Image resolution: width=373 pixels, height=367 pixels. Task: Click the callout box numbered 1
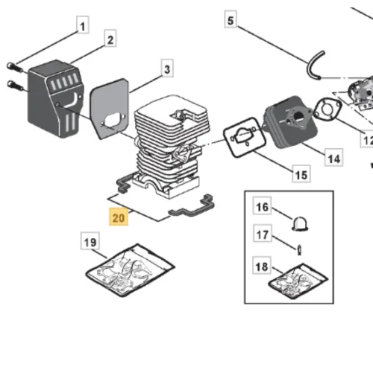tap(83, 25)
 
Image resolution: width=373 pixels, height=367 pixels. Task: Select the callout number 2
tap(110, 38)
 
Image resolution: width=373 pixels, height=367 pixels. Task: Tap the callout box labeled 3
tap(167, 68)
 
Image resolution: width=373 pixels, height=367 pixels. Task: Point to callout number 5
tap(231, 19)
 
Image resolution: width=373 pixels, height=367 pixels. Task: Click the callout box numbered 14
tap(334, 157)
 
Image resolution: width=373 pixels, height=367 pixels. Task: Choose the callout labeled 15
tap(301, 173)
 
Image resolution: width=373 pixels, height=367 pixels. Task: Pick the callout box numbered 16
tap(262, 205)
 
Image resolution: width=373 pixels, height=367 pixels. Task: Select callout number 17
tap(263, 233)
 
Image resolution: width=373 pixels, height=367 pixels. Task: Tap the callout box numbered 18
tap(262, 265)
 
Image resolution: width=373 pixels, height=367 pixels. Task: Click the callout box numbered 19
tap(90, 240)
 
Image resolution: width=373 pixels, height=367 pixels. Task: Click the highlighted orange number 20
tap(119, 217)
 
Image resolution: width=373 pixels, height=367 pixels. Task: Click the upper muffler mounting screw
tap(15, 67)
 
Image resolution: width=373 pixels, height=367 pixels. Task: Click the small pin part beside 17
tap(300, 249)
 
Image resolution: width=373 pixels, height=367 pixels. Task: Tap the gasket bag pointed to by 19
tap(131, 270)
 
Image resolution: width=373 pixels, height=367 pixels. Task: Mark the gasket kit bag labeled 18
tap(298, 281)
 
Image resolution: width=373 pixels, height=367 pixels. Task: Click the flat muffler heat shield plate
tap(110, 109)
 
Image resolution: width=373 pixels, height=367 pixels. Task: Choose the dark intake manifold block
tap(291, 121)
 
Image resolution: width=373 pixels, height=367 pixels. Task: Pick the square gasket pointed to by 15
tap(245, 137)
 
